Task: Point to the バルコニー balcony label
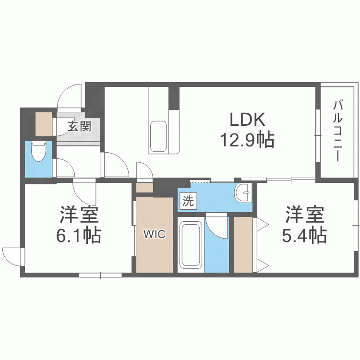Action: pyautogui.click(x=339, y=131)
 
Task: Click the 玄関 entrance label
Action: pyautogui.click(x=79, y=127)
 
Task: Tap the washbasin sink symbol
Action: pyautogui.click(x=244, y=193)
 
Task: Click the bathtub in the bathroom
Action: pyautogui.click(x=190, y=245)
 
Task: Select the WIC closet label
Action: pyautogui.click(x=155, y=235)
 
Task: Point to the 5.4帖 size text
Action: pyautogui.click(x=305, y=235)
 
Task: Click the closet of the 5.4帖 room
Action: pyautogui.click(x=243, y=245)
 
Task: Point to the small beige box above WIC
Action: pyautogui.click(x=143, y=187)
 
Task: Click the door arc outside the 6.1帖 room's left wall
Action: pyautogui.click(x=12, y=255)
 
